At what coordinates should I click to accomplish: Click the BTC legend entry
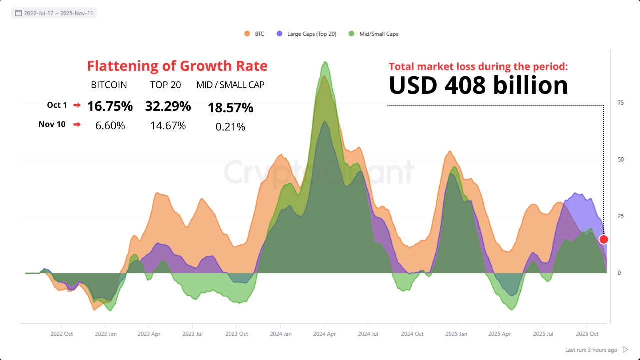[x=254, y=34]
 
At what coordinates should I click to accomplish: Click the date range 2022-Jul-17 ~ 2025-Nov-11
[x=54, y=13]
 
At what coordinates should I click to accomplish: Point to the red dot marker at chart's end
[x=603, y=239]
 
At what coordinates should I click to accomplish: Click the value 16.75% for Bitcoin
[x=110, y=106]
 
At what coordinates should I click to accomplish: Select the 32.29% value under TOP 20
[x=168, y=106]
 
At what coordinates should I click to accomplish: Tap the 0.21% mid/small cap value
[x=230, y=127]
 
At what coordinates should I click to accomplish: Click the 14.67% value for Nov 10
[x=168, y=126]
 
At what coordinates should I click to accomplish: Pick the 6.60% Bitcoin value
[x=110, y=126]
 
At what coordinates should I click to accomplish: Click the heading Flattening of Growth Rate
[x=177, y=66]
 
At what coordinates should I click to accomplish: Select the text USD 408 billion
[x=478, y=85]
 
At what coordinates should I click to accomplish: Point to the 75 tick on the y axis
[x=620, y=103]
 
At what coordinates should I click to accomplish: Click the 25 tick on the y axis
[x=620, y=216]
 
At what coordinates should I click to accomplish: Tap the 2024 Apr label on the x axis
[x=324, y=334]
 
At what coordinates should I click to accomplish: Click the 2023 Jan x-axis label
[x=106, y=334]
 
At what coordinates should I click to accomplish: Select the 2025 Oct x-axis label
[x=587, y=334]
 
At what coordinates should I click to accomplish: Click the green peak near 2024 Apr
[x=325, y=62]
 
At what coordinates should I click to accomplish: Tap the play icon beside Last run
[x=625, y=350]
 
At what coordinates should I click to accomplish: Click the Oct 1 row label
[x=57, y=105]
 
